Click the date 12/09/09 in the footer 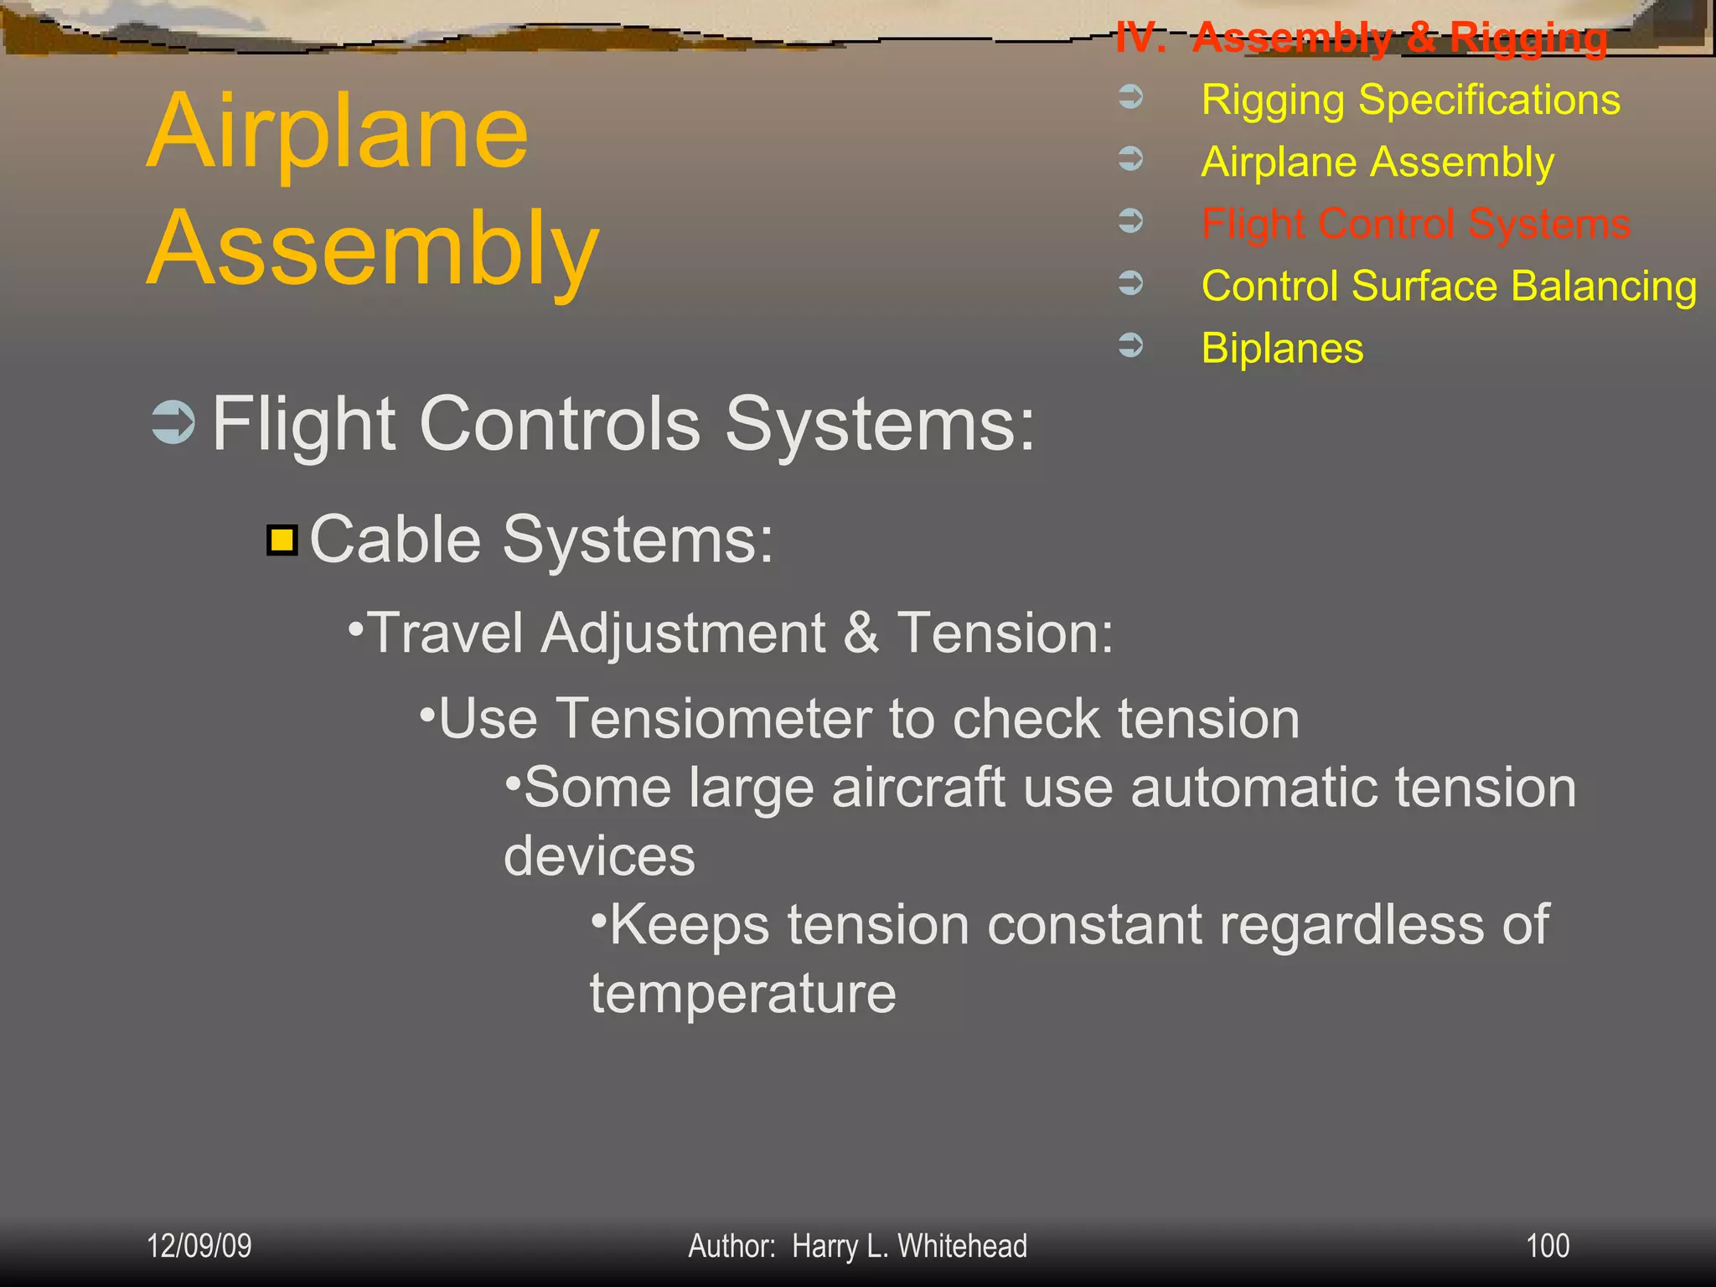pyautogui.click(x=199, y=1246)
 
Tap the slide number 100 pyautogui.click(x=1547, y=1246)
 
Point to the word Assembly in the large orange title pyautogui.click(x=373, y=250)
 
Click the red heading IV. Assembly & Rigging pyautogui.click(x=1362, y=38)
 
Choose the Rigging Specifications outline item pyautogui.click(x=1410, y=100)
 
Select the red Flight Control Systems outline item pyautogui.click(x=1415, y=224)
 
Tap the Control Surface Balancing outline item pyautogui.click(x=1449, y=286)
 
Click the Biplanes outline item pyautogui.click(x=1282, y=348)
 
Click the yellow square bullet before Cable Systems pyautogui.click(x=282, y=540)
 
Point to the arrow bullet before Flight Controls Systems pyautogui.click(x=173, y=422)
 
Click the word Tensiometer pyautogui.click(x=713, y=719)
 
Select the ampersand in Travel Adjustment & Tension pyautogui.click(x=861, y=633)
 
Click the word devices pyautogui.click(x=599, y=856)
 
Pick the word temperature pyautogui.click(x=742, y=994)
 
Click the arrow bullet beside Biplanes pyautogui.click(x=1131, y=344)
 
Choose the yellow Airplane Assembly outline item pyautogui.click(x=1377, y=162)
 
